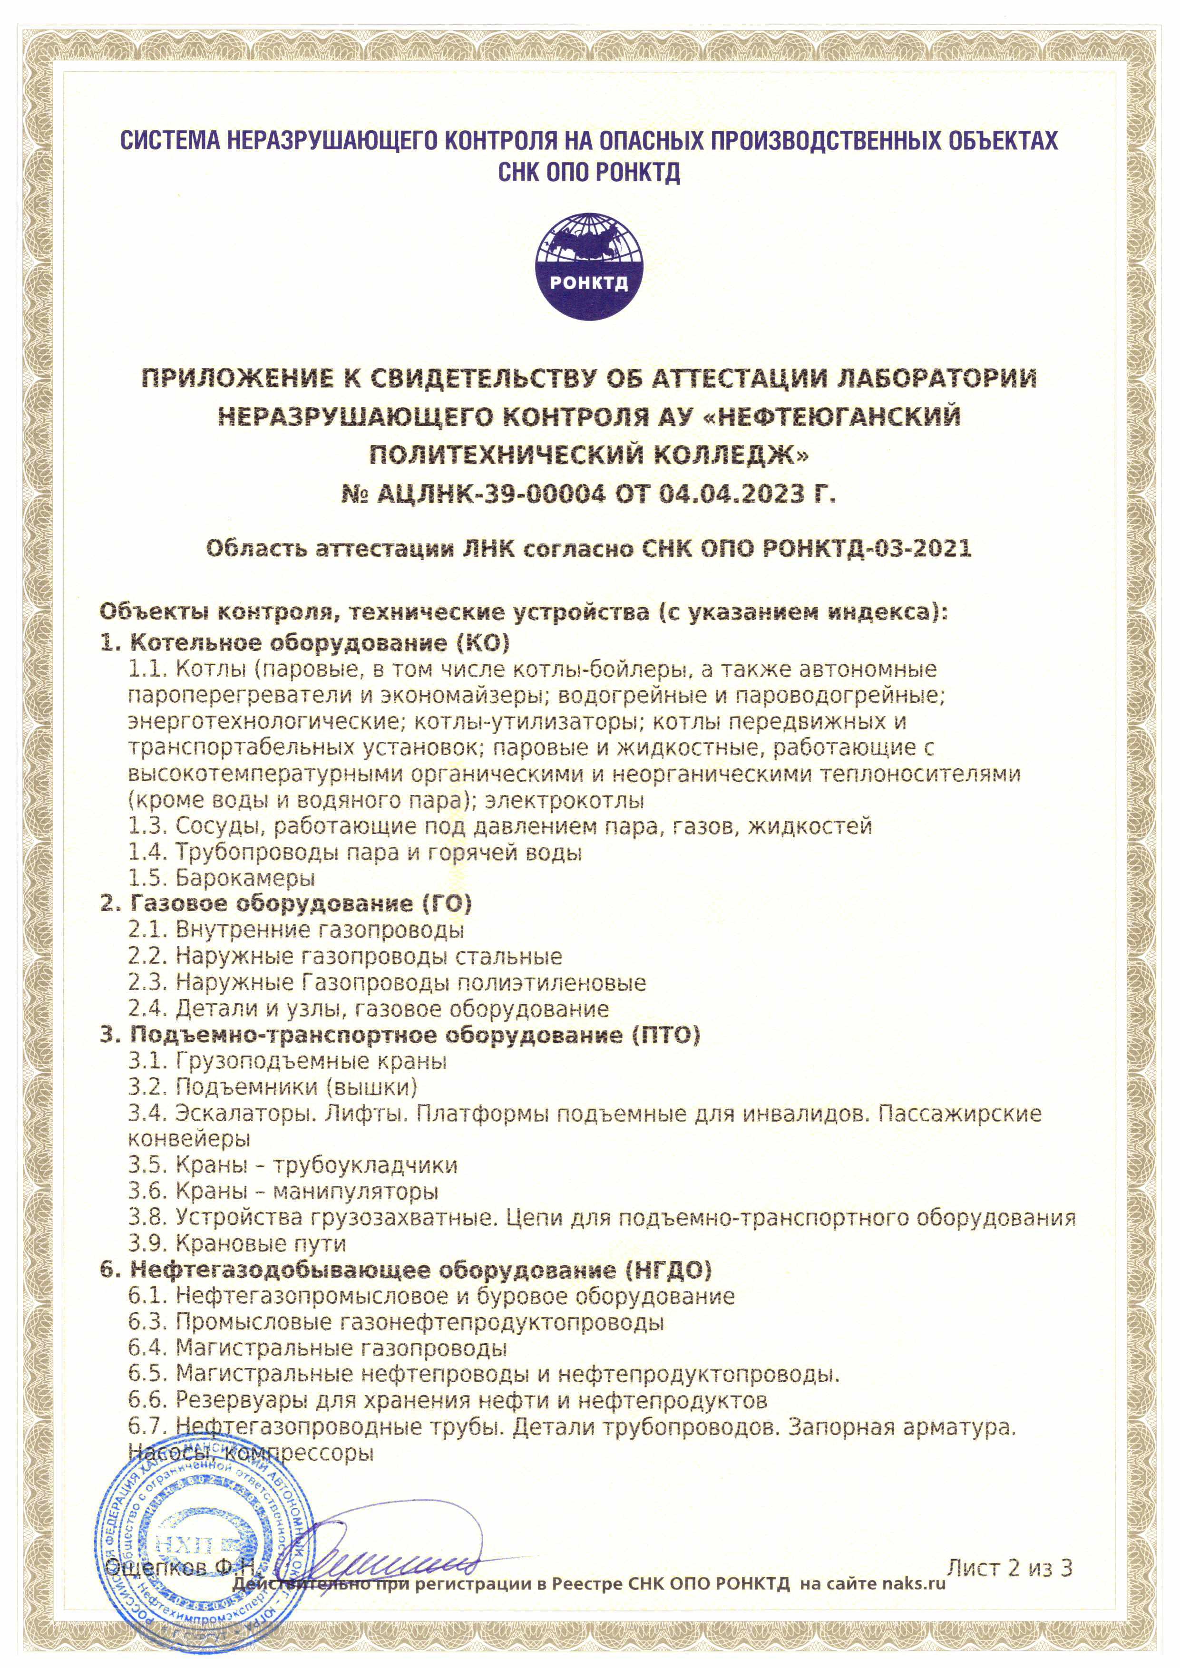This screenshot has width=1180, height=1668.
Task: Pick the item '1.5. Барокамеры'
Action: coord(222,878)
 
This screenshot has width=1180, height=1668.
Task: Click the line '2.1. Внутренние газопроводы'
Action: coord(296,931)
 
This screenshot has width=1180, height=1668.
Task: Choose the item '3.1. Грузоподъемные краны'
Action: coord(288,1061)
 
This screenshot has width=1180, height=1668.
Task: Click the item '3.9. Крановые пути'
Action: coord(238,1244)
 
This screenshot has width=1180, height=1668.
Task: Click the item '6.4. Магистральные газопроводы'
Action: coord(318,1349)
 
